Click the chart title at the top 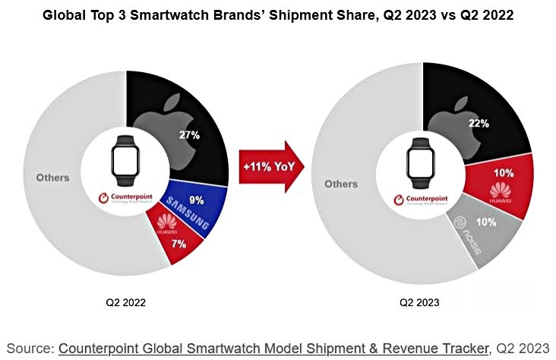pos(278,16)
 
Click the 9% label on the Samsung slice pos(195,201)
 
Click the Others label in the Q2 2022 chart pos(53,178)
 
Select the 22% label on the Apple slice pos(479,122)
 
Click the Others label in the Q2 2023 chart pos(341,184)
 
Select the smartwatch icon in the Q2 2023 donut pos(420,161)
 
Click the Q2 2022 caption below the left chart pos(126,302)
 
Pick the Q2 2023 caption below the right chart pos(419,302)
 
